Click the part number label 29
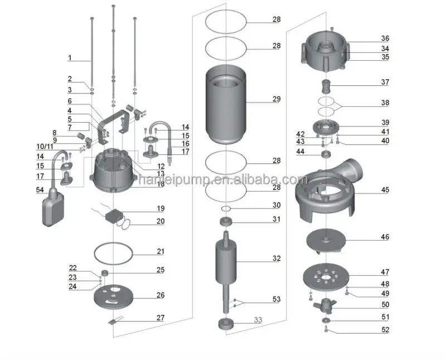(x=277, y=99)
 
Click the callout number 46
(x=385, y=237)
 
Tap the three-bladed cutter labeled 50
(x=324, y=304)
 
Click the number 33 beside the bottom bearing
(x=258, y=320)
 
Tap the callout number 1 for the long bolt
(x=70, y=57)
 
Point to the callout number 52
(x=385, y=330)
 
